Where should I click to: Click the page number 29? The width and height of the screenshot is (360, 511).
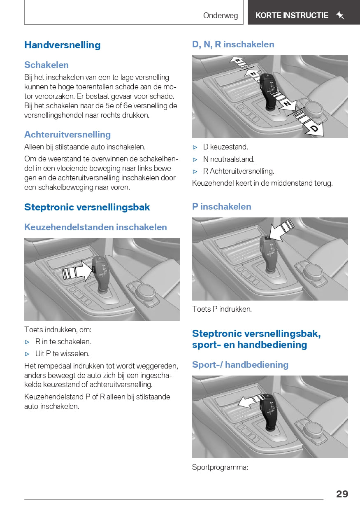342,494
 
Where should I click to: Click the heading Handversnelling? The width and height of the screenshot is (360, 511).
62,45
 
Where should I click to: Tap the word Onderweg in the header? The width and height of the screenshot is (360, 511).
221,16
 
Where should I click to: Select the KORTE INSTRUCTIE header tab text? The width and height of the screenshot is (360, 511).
292,16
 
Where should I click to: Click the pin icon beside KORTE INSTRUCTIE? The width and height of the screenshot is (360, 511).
340,16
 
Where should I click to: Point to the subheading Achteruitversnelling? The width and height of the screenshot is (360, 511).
67,135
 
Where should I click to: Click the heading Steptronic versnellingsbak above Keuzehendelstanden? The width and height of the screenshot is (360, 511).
87,207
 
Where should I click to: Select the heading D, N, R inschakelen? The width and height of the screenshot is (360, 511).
233,44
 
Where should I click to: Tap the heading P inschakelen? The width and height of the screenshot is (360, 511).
221,207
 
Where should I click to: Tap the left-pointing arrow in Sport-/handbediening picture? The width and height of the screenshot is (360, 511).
249,401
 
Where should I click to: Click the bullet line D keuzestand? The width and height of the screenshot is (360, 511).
225,147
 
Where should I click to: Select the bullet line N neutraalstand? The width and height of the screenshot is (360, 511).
229,159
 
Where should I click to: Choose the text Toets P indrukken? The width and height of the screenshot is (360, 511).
222,309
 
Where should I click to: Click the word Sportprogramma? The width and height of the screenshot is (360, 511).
220,467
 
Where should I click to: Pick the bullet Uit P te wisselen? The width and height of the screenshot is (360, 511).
62,354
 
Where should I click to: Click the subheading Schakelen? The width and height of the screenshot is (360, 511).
46,65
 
